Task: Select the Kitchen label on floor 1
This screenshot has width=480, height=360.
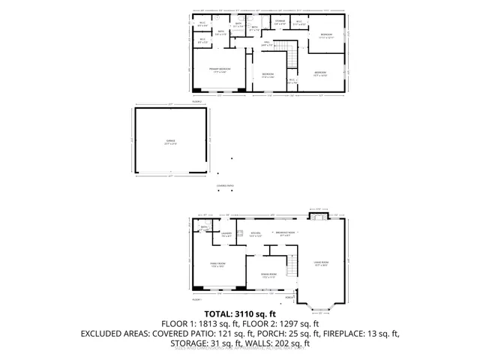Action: (255, 234)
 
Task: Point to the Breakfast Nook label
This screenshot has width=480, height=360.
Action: (284, 234)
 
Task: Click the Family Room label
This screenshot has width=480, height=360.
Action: (218, 264)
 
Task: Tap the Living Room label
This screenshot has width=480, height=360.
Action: (322, 262)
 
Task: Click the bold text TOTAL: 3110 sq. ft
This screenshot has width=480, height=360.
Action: (241, 313)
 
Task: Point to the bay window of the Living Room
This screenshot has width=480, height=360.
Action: (323, 304)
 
